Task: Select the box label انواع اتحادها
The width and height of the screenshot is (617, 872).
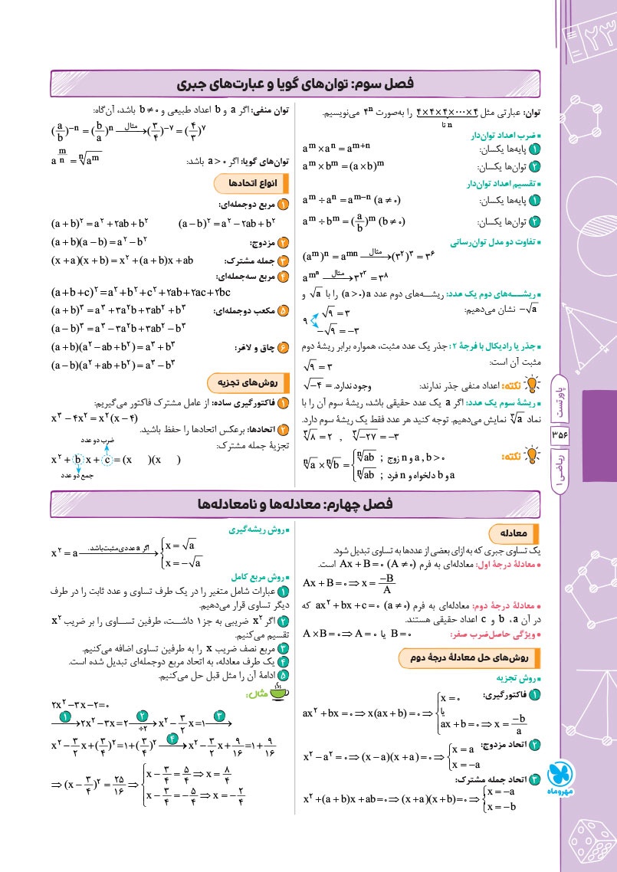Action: point(246,185)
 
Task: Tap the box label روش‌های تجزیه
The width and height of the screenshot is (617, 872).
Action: point(247,382)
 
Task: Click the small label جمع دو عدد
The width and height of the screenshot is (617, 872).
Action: point(77,477)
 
